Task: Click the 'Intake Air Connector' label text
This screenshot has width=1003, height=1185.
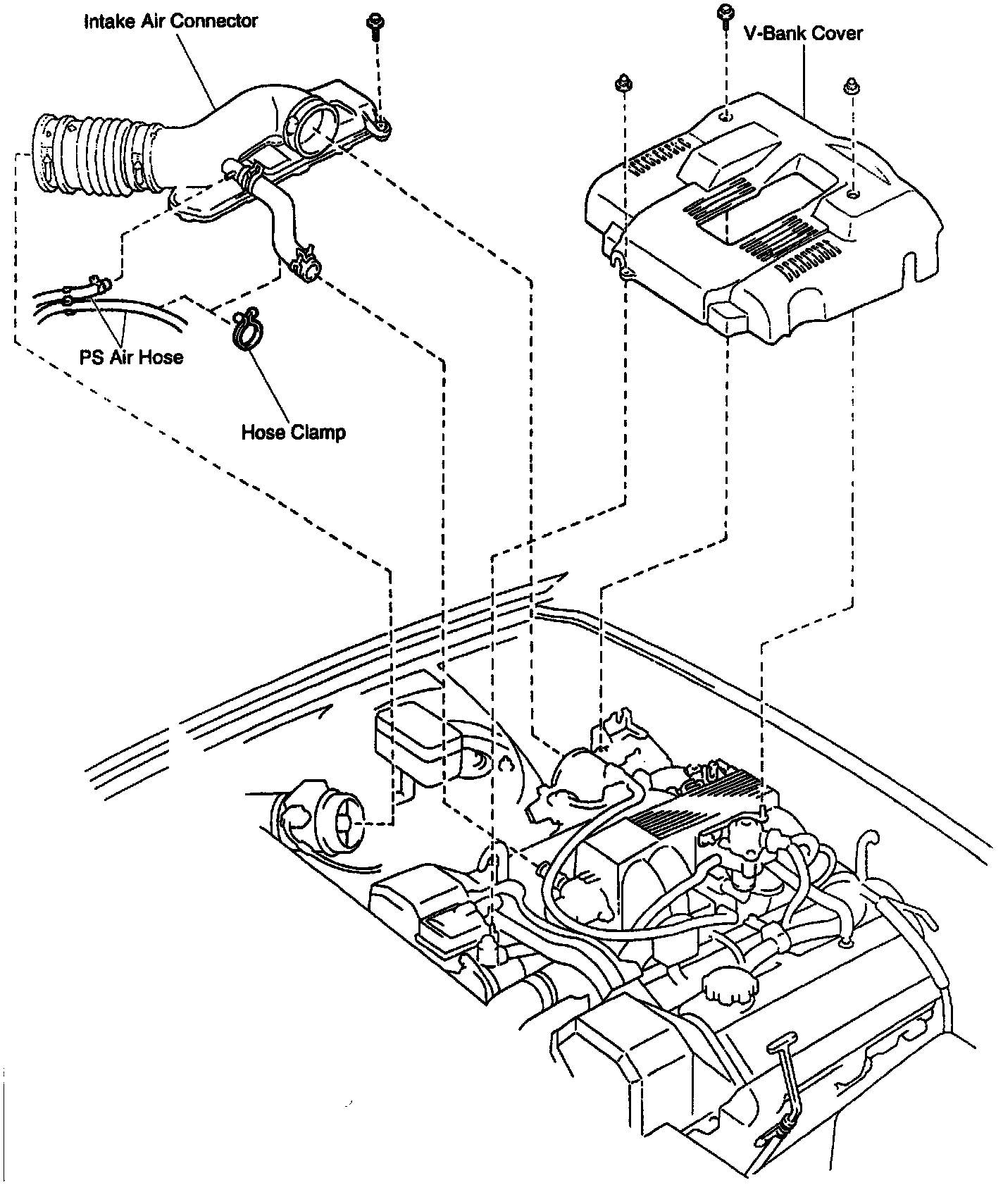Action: [170, 21]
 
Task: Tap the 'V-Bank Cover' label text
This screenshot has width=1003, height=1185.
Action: [803, 33]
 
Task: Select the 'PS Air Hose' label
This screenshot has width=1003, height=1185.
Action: [131, 357]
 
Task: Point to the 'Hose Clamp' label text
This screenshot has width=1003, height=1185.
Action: [293, 431]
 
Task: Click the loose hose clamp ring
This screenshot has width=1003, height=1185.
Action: [244, 330]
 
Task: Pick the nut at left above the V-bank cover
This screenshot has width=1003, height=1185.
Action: [622, 83]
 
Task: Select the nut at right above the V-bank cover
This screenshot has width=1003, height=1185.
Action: [849, 86]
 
